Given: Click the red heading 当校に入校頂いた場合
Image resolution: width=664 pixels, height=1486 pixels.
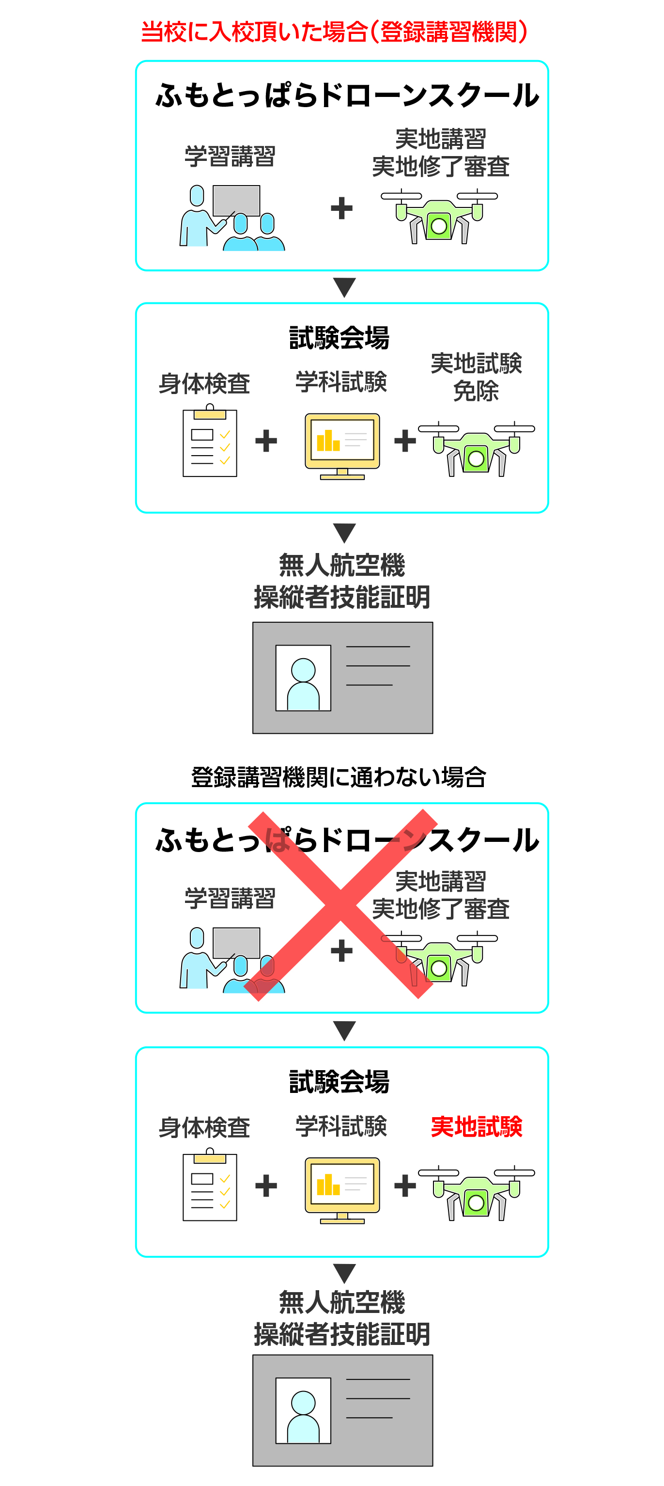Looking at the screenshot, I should [334, 32].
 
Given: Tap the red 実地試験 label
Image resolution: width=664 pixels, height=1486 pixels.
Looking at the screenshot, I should [476, 1126].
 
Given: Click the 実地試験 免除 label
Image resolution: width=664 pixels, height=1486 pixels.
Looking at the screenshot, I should [476, 377].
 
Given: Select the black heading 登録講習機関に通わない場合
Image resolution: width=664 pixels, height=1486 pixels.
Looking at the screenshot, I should [339, 777].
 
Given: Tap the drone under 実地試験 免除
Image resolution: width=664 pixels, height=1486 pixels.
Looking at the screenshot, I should [476, 449].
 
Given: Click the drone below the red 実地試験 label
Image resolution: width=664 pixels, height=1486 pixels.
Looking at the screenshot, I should [476, 1193].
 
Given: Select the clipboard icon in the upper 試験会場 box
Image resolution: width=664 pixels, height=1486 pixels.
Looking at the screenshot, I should [210, 442].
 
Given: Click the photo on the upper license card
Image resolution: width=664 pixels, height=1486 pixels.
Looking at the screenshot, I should [303, 678].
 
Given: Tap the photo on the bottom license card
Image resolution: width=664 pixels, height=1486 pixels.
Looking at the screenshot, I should [303, 1410].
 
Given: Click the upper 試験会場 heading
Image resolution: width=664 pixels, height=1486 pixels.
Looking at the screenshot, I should [339, 337].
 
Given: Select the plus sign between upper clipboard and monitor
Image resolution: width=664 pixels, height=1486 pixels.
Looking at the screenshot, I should [266, 442].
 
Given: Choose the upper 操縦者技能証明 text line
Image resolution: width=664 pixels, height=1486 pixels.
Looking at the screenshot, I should [342, 597].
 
